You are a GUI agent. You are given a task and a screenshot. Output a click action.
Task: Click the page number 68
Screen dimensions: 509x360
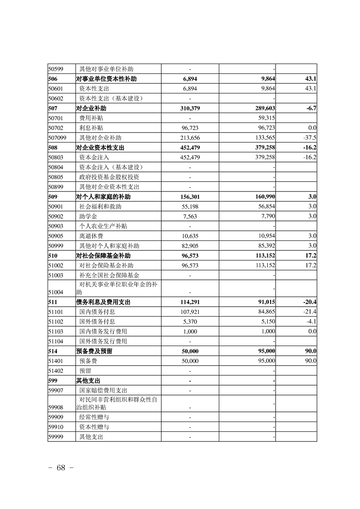pyautogui.click(x=61, y=468)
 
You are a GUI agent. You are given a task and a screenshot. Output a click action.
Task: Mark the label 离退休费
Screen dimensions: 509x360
pyautogui.click(x=91, y=236)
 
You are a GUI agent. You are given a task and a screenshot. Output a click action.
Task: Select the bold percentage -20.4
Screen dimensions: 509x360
pyautogui.click(x=310, y=302)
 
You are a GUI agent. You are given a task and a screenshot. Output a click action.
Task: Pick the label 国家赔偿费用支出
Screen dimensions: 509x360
pyautogui.click(x=103, y=390)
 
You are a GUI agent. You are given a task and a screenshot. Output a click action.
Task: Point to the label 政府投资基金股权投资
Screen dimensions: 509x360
pyautogui.click(x=109, y=177)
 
